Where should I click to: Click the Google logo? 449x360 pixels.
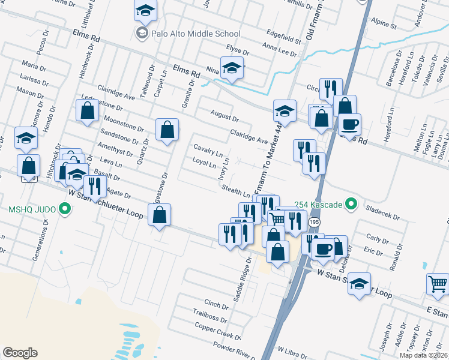[x=20, y=353]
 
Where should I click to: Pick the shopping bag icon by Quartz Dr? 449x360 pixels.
[x=167, y=129]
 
